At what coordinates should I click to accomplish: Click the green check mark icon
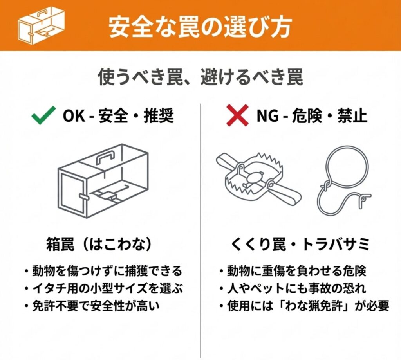pyautogui.click(x=43, y=115)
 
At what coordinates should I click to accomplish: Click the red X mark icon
pyautogui.click(x=238, y=115)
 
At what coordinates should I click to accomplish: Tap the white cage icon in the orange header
pyautogui.click(x=41, y=25)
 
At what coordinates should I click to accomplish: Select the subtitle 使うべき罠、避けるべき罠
pyautogui.click(x=201, y=77)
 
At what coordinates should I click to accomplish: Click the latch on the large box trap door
pyautogui.click(x=83, y=197)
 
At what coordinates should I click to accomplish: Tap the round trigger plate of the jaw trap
pyautogui.click(x=253, y=176)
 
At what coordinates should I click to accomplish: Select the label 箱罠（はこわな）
pyautogui.click(x=99, y=244)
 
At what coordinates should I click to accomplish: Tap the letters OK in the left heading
pyautogui.click(x=74, y=116)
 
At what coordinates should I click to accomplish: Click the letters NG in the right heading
pyautogui.click(x=267, y=116)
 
